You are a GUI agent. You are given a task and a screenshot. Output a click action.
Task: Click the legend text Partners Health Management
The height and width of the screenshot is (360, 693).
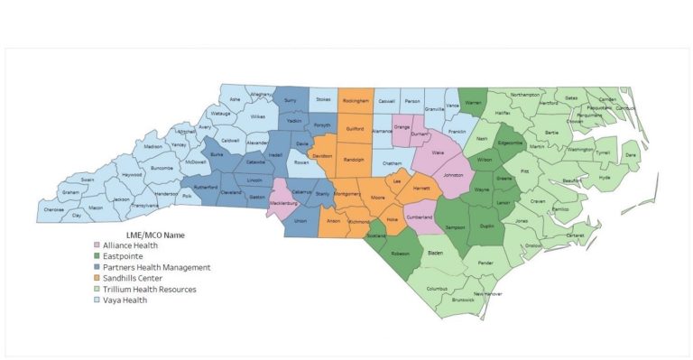pyautogui.click(x=156, y=267)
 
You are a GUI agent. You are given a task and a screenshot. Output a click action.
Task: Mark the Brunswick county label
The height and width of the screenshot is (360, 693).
pyautogui.click(x=462, y=300)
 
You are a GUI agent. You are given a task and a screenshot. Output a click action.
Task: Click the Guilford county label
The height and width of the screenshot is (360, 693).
pyautogui.click(x=355, y=129)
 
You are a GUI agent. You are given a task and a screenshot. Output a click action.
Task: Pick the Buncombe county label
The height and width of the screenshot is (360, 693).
pyautogui.click(x=162, y=168)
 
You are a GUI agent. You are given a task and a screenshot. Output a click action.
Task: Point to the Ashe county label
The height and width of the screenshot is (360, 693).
pyautogui.click(x=235, y=99)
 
